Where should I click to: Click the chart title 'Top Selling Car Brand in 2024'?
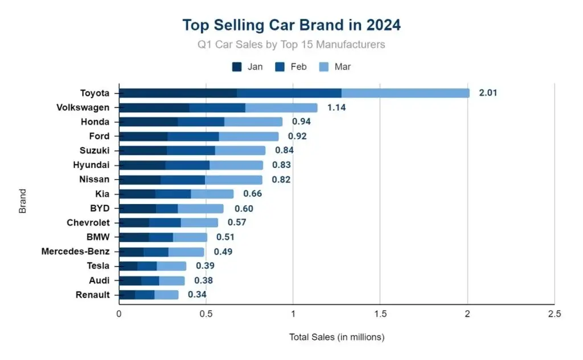coord(291,25)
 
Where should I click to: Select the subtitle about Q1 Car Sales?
coord(291,44)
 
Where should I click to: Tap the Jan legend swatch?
coord(237,67)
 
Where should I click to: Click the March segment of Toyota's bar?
coord(405,93)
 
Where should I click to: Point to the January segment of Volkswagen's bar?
coord(154,107)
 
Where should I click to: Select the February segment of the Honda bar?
coord(201,121)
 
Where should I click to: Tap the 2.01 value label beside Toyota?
coord(488,93)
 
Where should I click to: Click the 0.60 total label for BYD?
coord(244,208)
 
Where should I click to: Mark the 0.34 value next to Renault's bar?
coord(197,294)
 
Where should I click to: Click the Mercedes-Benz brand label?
coord(75,251)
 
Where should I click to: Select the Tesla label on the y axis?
coord(98,265)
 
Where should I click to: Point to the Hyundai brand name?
coord(91,165)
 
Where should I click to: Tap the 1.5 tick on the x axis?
coord(380,314)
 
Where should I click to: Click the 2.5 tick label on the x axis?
coord(553,314)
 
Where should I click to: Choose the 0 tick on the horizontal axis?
coord(119,314)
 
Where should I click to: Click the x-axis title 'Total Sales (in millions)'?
coord(336,337)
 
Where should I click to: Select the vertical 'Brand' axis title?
coord(23,201)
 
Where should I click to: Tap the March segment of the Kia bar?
coord(212,194)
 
